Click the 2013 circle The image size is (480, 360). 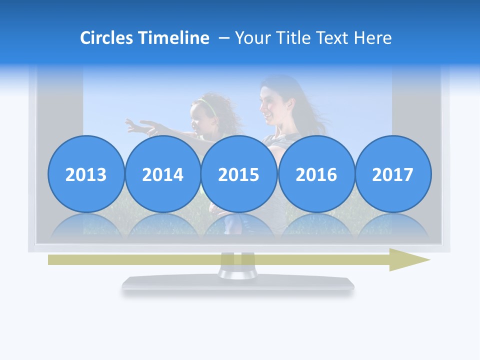click(86, 174)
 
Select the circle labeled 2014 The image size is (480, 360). click(162, 174)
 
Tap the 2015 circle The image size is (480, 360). click(239, 174)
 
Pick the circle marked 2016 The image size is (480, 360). click(316, 174)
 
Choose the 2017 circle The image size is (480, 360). click(393, 174)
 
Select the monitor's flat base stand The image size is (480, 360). click(238, 284)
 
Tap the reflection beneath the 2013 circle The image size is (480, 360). click(86, 225)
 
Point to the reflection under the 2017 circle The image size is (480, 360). click(393, 225)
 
